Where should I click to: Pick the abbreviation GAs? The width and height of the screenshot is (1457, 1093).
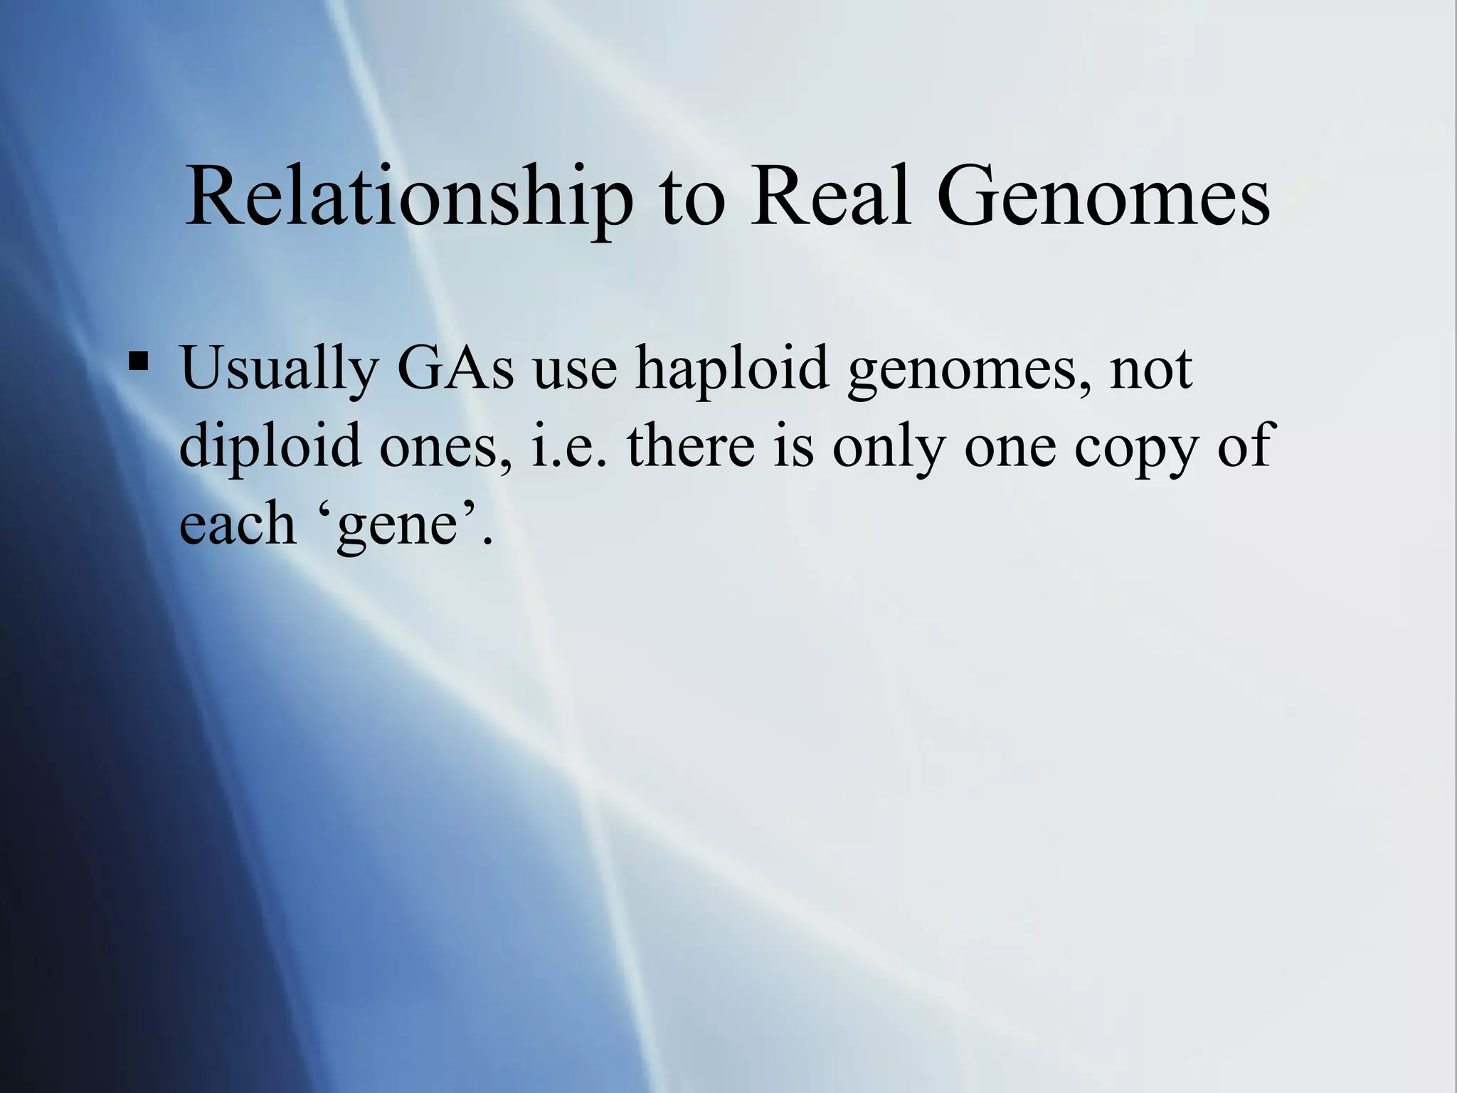click(x=455, y=368)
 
